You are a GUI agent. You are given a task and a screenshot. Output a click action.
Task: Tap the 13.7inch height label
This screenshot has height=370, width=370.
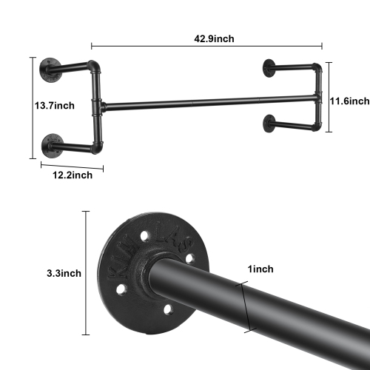(54, 106)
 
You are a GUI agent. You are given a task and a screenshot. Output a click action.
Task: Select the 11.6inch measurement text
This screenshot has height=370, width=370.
(349, 100)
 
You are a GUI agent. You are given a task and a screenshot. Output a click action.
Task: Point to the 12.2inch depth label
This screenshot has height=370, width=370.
(72, 175)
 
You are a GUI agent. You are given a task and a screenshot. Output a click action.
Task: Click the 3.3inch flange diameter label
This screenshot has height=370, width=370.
(61, 273)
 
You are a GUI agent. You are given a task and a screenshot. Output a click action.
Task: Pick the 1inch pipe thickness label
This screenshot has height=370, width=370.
(262, 271)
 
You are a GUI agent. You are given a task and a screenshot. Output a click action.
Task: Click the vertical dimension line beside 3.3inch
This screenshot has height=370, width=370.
(86, 273)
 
